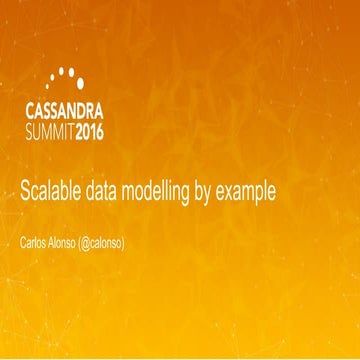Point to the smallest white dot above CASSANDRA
(x=50, y=80)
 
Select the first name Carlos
(x=36, y=243)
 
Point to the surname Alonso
(x=77, y=243)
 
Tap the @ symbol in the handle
(x=107, y=243)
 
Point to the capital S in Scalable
(x=26, y=191)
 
